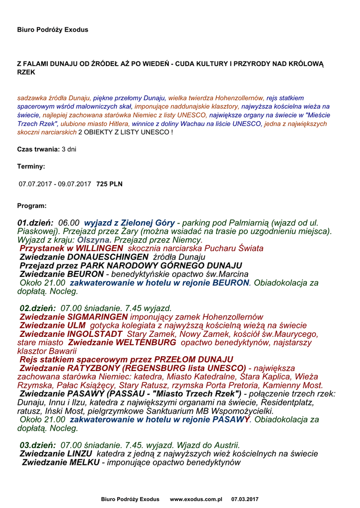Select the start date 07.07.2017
[x=37, y=184]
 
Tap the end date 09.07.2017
[x=74, y=184]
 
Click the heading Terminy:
[x=31, y=167]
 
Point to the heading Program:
[x=32, y=205]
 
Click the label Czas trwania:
[x=38, y=149]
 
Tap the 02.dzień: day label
[x=37, y=308]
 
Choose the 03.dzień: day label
[x=37, y=445]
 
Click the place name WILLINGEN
[x=99, y=248]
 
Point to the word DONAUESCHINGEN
[x=107, y=257]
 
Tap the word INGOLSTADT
[x=95, y=334]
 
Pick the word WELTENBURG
[x=146, y=342]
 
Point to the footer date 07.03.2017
[x=245, y=499]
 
